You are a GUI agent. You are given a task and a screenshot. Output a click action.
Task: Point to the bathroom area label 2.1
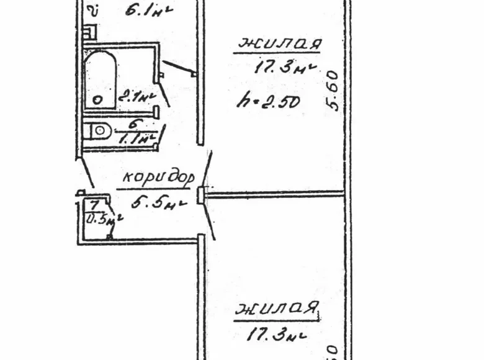coord(135,96)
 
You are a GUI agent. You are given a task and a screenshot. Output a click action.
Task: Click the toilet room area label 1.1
coord(135,139)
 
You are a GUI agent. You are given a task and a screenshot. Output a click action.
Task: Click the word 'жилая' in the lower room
coord(277,308)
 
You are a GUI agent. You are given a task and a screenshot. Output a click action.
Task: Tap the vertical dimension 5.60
coord(333,90)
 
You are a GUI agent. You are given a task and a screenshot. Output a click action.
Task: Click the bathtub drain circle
coord(96,99)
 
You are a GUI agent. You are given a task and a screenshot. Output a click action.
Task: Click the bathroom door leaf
coord(166,93)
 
